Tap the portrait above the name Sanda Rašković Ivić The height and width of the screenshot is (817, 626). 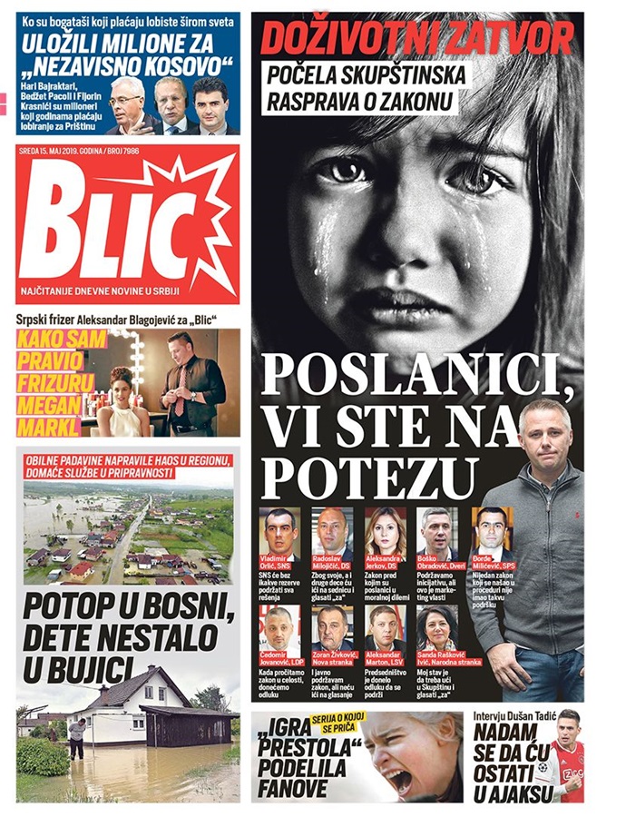[x=436, y=627]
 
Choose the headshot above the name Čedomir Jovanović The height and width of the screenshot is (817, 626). [x=279, y=627]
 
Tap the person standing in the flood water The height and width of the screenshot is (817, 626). [x=79, y=736]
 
